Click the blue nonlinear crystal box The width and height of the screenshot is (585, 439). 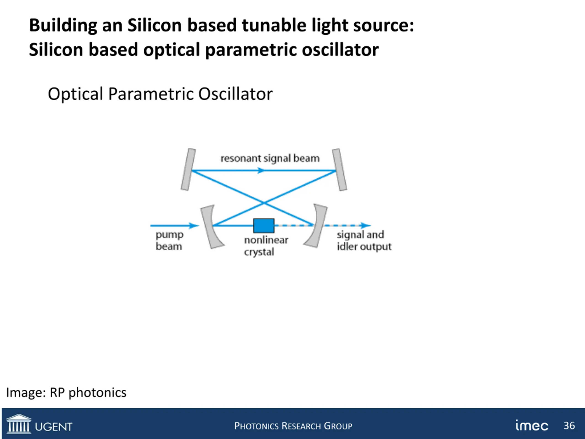(264, 225)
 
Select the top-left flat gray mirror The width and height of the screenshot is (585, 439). (188, 169)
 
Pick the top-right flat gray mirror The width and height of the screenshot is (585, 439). (340, 169)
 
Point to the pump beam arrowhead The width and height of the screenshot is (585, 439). (195, 225)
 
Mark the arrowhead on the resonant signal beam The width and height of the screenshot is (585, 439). (261, 171)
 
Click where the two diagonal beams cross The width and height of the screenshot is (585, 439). (264, 203)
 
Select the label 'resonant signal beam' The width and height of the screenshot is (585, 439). (270, 158)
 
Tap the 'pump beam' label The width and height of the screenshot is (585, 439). (169, 240)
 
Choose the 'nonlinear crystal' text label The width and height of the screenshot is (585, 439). (266, 246)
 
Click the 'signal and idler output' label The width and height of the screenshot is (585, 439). (364, 240)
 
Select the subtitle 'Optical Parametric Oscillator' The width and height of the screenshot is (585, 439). (160, 94)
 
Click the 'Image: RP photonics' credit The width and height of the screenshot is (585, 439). (66, 392)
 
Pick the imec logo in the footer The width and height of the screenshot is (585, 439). (532, 426)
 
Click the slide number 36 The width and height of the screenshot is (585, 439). (569, 426)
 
